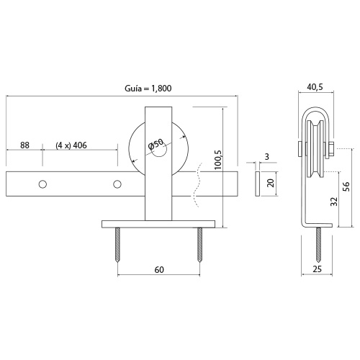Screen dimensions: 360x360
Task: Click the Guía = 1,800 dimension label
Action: tap(148, 89)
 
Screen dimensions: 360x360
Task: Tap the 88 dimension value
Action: tap(24, 145)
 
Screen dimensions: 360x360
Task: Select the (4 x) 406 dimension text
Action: tap(71, 145)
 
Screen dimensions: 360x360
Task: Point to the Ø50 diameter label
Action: tap(156, 145)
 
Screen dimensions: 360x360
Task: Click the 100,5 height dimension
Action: tap(218, 160)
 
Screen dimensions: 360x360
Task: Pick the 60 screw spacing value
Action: tap(159, 270)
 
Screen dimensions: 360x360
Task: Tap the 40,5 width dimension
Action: tap(315, 87)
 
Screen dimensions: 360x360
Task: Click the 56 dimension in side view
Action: tap(346, 186)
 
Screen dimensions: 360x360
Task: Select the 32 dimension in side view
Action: tap(334, 202)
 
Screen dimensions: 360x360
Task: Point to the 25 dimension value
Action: tap(317, 269)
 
